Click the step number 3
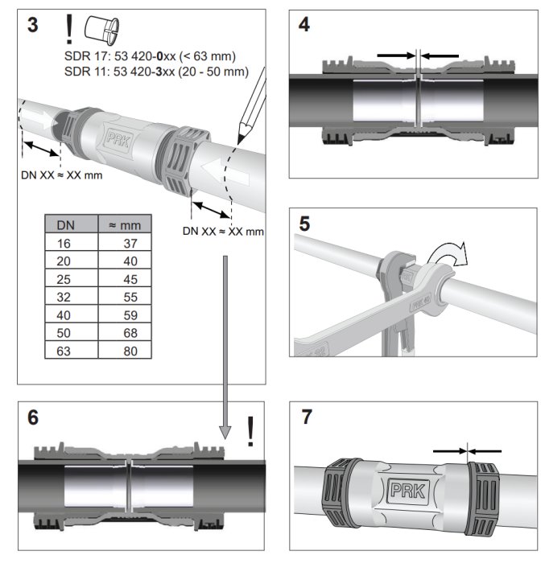33,26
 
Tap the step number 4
303,25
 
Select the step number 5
303,222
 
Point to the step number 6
33,417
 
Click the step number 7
303,417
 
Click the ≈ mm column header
126,225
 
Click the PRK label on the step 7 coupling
409,490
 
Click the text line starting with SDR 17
145,56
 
